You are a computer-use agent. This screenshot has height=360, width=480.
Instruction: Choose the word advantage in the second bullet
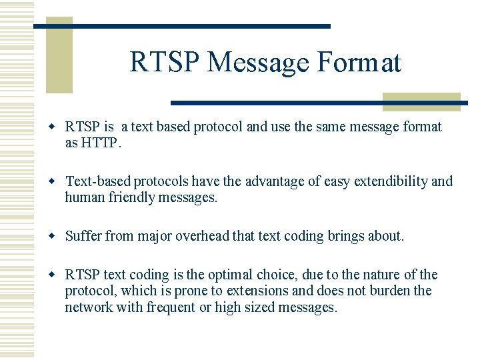click(x=276, y=181)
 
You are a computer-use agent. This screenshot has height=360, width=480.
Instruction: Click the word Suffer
click(x=84, y=236)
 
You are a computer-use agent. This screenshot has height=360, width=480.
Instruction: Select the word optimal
click(x=249, y=275)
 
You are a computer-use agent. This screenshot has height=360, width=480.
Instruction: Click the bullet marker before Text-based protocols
click(x=56, y=181)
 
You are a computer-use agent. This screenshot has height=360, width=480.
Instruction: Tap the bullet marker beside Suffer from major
click(x=56, y=236)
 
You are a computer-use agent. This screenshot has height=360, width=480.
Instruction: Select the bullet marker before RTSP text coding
click(x=56, y=275)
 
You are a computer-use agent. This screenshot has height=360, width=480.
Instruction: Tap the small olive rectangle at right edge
click(x=421, y=101)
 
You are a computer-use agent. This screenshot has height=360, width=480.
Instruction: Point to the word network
click(x=89, y=307)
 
